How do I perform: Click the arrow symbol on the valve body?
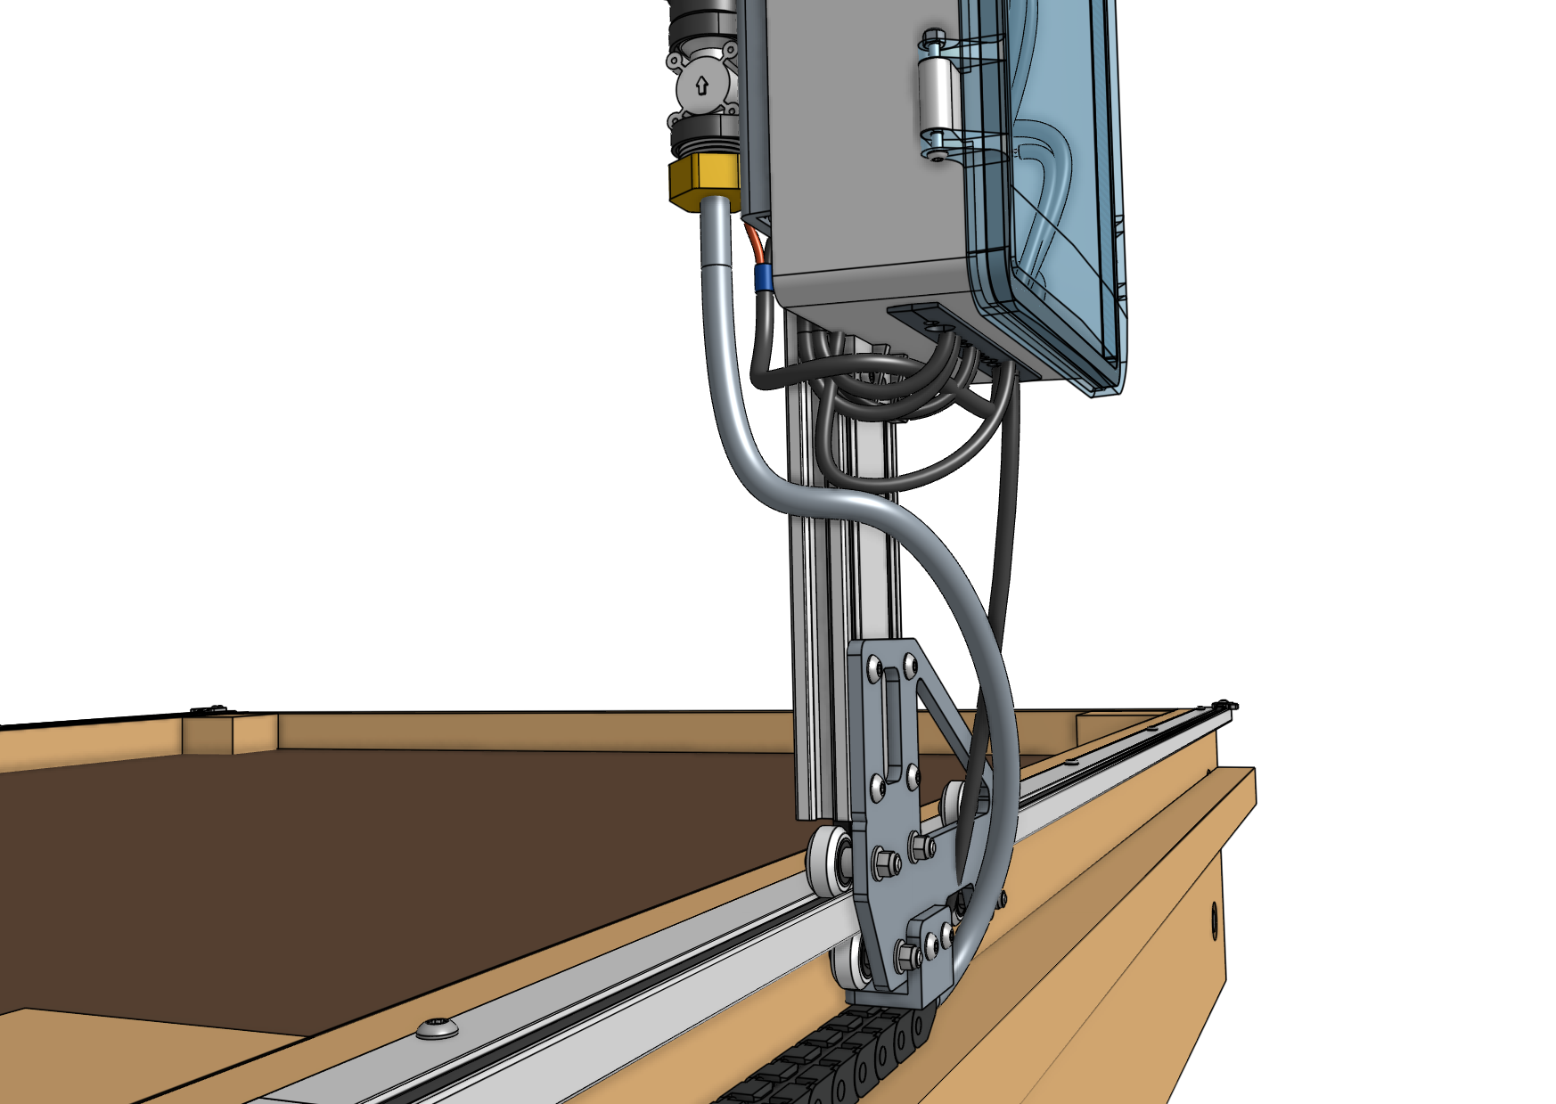coord(701,86)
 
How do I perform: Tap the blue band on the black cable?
coord(764,279)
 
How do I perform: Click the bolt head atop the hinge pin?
coord(933,37)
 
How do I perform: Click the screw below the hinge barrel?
coord(936,154)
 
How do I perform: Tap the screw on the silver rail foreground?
coord(438,1028)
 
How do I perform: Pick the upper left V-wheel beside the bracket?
coord(827,861)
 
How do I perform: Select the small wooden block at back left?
coord(209,732)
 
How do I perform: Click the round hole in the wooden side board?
coord(1214,920)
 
